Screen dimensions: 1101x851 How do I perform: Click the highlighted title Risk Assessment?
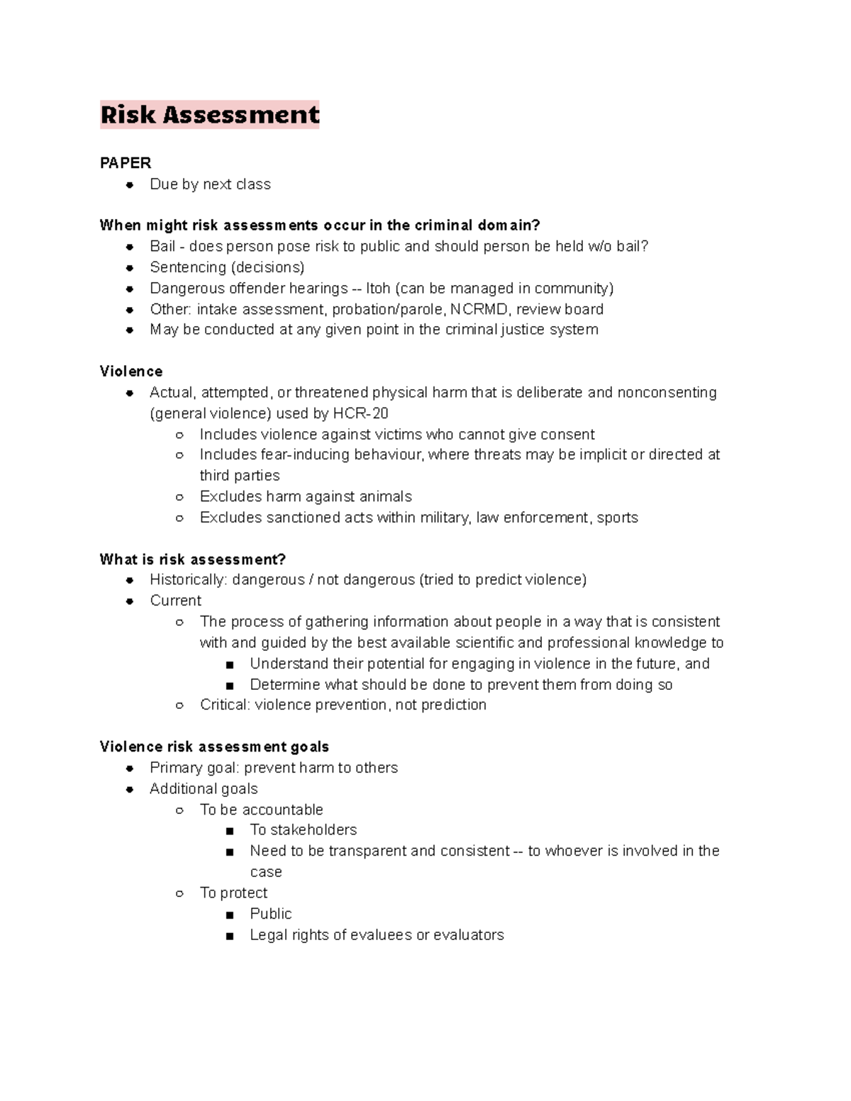(210, 115)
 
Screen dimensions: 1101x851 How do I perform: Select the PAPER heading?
(126, 163)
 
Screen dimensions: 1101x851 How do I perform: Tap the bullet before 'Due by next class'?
(130, 185)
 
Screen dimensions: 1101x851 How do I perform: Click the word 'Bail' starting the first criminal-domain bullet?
(162, 246)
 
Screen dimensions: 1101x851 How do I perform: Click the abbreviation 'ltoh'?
(378, 288)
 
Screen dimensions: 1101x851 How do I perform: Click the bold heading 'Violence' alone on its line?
(131, 371)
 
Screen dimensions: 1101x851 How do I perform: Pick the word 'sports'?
(617, 518)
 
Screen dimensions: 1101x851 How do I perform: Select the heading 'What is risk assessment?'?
(193, 559)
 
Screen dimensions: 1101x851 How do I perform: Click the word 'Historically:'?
(188, 580)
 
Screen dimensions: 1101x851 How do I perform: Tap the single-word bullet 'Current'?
(175, 600)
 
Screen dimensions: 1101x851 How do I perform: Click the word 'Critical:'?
(225, 705)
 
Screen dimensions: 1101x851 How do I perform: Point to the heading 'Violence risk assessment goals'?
(214, 747)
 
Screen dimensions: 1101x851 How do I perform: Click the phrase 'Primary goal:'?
(194, 768)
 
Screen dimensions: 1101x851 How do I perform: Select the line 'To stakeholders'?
(303, 829)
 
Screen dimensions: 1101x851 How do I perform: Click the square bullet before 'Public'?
(229, 915)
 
